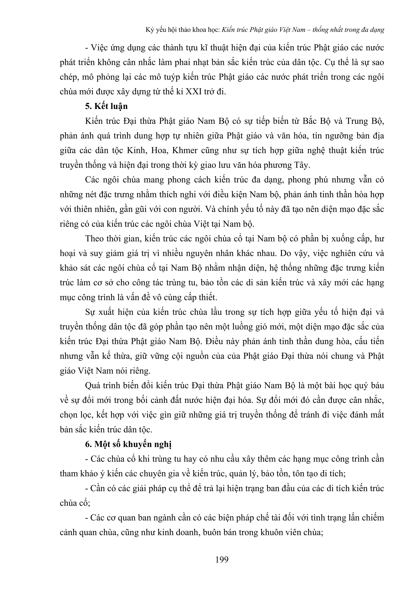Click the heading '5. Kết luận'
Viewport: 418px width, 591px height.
tap(106, 106)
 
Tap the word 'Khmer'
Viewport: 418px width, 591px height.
tap(185, 150)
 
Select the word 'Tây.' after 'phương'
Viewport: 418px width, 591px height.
tap(302, 165)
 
